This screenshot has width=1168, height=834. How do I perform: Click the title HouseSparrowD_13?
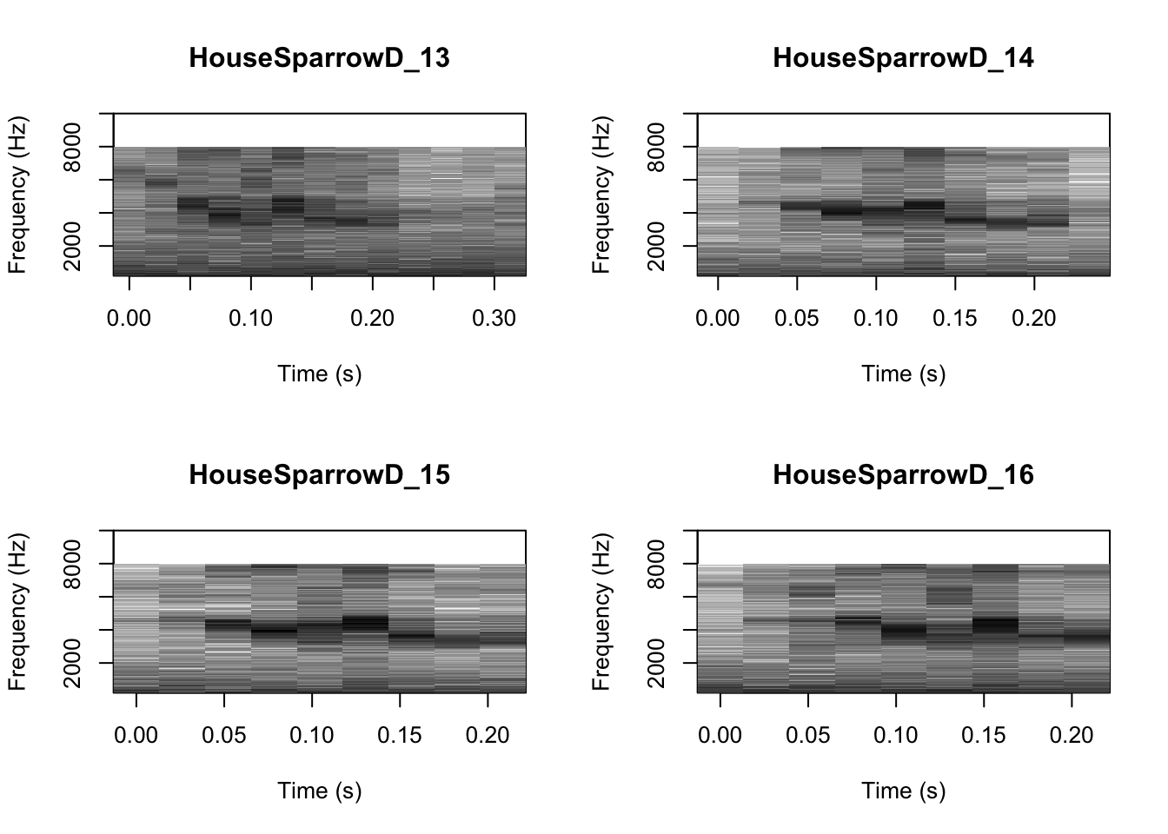click(x=319, y=58)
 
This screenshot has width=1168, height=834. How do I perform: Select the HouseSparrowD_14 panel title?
click(x=903, y=58)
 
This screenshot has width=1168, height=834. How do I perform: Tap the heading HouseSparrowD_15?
click(x=319, y=475)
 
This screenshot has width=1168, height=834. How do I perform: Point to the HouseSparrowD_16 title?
click(x=903, y=475)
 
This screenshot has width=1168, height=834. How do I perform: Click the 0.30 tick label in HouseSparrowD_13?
click(x=494, y=319)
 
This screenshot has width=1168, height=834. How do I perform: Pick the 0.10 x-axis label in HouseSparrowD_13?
click(x=250, y=319)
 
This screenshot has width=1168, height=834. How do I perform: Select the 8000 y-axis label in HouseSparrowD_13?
click(x=73, y=147)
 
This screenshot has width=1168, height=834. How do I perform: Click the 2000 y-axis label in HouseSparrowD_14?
click(x=657, y=246)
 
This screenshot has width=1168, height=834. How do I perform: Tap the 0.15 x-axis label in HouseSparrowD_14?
click(x=955, y=319)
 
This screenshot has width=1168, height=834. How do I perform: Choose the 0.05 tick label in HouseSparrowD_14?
click(x=797, y=319)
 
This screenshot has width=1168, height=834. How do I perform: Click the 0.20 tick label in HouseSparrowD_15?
click(x=488, y=736)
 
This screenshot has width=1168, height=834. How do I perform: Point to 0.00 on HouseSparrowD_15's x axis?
click(x=136, y=736)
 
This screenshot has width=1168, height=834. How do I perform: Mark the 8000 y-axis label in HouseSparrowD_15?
click(x=73, y=564)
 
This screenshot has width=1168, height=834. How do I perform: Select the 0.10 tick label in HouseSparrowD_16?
click(x=896, y=736)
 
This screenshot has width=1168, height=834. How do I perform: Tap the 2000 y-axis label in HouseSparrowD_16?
click(x=657, y=663)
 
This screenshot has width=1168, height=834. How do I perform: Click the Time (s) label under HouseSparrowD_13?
click(x=319, y=374)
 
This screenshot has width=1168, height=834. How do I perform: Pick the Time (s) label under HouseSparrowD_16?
click(x=903, y=791)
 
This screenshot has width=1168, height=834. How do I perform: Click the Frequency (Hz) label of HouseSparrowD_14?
click(x=601, y=195)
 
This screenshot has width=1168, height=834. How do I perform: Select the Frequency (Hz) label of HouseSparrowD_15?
click(x=17, y=612)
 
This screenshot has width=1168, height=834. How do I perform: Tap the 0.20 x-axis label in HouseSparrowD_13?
click(x=372, y=319)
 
